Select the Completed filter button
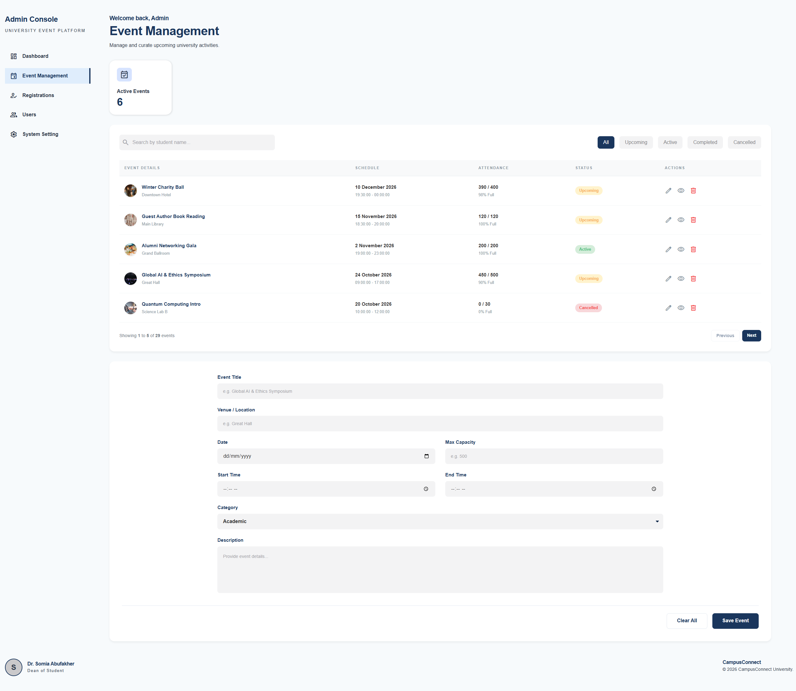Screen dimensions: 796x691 [705, 142]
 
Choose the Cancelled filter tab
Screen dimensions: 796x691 [744, 142]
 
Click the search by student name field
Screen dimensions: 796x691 [197, 142]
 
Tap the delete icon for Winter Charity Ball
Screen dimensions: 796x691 [693, 191]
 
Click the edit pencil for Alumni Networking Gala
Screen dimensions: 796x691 [669, 249]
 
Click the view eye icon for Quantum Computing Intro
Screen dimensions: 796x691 [681, 308]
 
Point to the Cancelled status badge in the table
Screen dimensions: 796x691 [588, 308]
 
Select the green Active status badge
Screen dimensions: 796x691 [585, 249]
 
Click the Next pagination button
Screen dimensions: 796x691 [751, 336]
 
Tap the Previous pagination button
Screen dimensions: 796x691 [725, 336]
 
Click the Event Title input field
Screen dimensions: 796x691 [440, 391]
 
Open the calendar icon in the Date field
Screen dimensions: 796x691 [426, 456]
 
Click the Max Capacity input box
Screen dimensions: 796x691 [554, 456]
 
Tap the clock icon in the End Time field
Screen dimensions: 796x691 [654, 489]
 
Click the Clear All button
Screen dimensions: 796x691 [687, 621]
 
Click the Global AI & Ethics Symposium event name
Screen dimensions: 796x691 [176, 275]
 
